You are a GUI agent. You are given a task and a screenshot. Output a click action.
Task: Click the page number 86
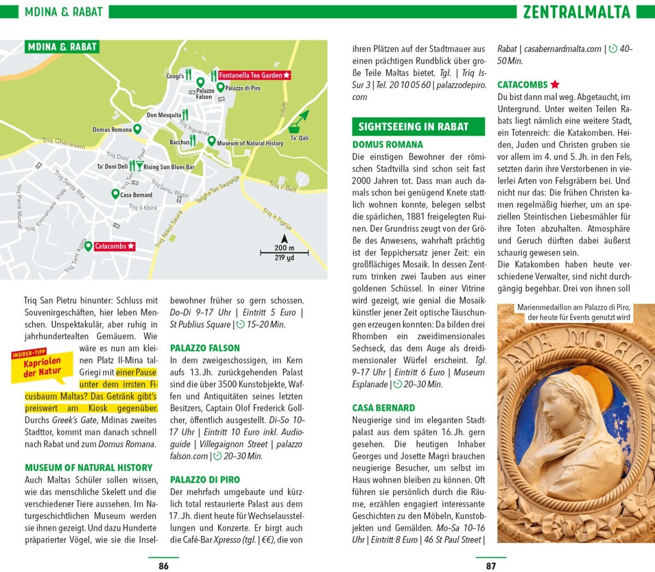[x=163, y=565]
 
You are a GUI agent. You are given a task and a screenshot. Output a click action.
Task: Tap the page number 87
[x=491, y=565]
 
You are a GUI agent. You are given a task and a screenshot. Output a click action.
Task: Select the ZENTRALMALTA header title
[x=576, y=11]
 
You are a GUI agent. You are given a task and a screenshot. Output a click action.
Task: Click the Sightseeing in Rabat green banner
[x=418, y=127]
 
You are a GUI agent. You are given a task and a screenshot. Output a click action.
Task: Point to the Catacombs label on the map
[x=110, y=246]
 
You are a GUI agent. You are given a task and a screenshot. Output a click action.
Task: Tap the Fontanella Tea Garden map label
[x=251, y=75]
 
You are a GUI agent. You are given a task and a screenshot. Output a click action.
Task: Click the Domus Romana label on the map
[x=112, y=130]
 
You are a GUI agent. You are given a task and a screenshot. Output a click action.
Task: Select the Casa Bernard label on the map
[x=136, y=195]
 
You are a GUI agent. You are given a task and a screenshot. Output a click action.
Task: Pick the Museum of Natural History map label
[x=250, y=143]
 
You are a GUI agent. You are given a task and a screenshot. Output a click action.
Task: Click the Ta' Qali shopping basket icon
[x=295, y=127]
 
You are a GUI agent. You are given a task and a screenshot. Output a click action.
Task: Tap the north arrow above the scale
[x=284, y=239]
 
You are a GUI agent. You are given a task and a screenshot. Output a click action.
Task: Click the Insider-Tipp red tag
[x=29, y=354]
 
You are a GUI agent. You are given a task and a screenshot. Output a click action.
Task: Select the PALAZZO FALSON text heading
[x=205, y=348]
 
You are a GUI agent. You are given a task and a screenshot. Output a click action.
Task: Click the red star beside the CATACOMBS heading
[x=555, y=85]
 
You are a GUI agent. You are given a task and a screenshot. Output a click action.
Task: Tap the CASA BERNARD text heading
[x=383, y=408]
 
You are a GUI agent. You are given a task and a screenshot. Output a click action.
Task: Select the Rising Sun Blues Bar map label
[x=169, y=167]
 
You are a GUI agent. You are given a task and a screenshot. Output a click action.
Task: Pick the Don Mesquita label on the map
[x=164, y=115]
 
